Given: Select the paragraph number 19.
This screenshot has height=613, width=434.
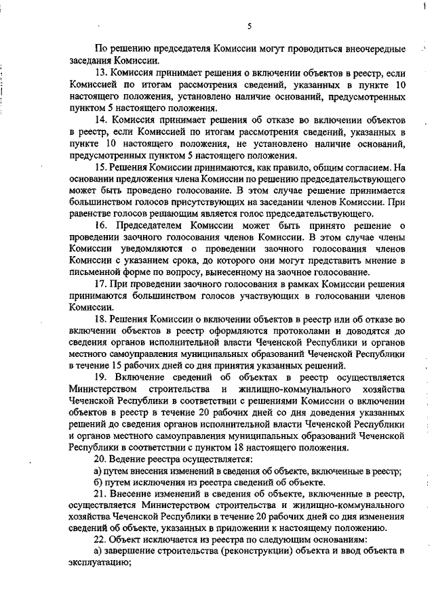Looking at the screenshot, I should (101, 377).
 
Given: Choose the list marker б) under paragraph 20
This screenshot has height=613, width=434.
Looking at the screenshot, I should (99, 482).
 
